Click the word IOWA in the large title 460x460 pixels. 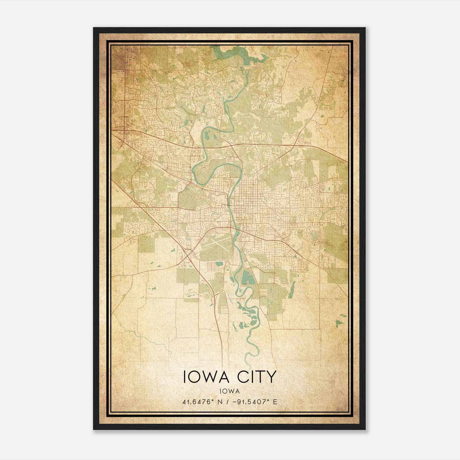click(204, 377)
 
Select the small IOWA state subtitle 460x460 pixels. click(229, 391)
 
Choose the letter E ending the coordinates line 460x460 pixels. click(275, 402)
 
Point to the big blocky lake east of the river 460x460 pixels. click(246, 277)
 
